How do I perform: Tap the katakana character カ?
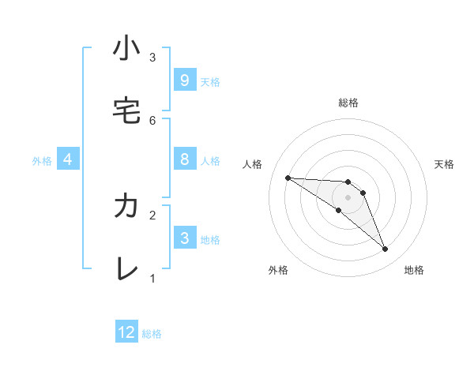126,206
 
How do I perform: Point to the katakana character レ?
126,269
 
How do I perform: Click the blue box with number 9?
184,81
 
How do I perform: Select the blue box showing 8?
184,159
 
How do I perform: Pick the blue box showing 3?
184,238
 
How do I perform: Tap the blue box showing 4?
68,159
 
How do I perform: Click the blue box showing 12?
126,332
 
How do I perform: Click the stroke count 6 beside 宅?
152,120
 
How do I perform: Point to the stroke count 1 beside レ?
152,278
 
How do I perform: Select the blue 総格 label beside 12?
152,334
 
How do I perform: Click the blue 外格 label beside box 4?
42,161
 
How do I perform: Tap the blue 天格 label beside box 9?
210,82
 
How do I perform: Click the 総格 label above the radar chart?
348,103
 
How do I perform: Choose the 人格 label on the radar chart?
252,164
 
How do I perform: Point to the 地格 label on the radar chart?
414,270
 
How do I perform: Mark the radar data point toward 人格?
288,178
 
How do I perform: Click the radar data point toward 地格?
385,249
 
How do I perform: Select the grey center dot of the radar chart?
348,197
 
